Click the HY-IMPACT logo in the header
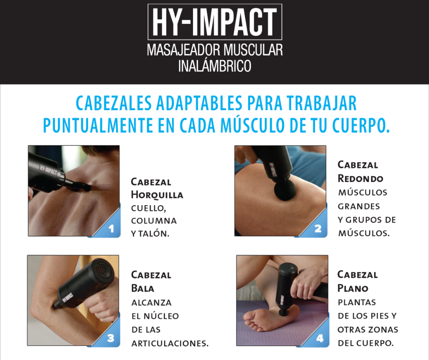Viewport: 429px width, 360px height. point(215,22)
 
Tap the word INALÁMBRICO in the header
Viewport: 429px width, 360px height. point(215,65)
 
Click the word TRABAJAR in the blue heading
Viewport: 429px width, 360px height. point(321,104)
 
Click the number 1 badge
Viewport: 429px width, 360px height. point(111,228)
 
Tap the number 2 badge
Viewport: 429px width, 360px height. point(318,228)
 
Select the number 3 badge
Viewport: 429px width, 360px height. point(110,339)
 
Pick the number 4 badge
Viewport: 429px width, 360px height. point(319,339)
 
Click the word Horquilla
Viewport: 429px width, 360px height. point(157,195)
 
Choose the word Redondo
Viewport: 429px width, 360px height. point(361,178)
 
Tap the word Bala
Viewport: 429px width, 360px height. point(143,288)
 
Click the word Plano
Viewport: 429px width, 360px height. point(353,288)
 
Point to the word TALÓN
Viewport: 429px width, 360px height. point(154,234)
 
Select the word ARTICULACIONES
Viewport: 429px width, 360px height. point(170,343)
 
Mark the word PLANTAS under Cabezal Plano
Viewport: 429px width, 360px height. point(357,302)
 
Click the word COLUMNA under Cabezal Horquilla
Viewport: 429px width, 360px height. point(154,221)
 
